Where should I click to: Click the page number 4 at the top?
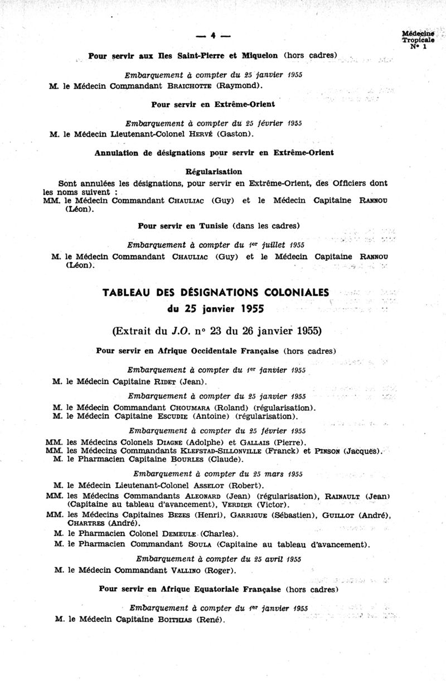pos(214,36)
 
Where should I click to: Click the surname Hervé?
pos(202,134)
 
